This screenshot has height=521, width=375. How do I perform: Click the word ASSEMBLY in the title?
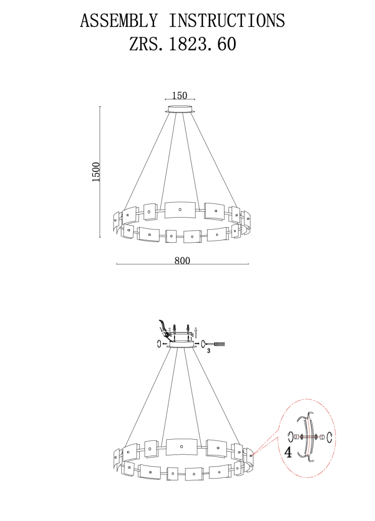pyautogui.click(x=119, y=20)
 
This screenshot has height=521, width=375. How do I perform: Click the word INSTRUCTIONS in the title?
pyautogui.click(x=227, y=20)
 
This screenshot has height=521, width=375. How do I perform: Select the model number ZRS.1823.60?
pyautogui.click(x=182, y=44)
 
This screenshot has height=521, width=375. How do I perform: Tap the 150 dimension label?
pyautogui.click(x=180, y=96)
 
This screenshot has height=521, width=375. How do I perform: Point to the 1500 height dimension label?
pyautogui.click(x=96, y=172)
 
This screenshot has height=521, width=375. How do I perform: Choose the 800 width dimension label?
pyautogui.click(x=182, y=260)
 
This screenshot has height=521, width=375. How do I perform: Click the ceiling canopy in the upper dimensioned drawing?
pyautogui.click(x=180, y=109)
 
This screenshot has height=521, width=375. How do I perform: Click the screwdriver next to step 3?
pyautogui.click(x=216, y=343)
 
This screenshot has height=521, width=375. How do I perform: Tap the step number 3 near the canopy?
pyautogui.click(x=208, y=351)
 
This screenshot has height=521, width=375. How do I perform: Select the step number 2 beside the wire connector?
pyautogui.click(x=169, y=330)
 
